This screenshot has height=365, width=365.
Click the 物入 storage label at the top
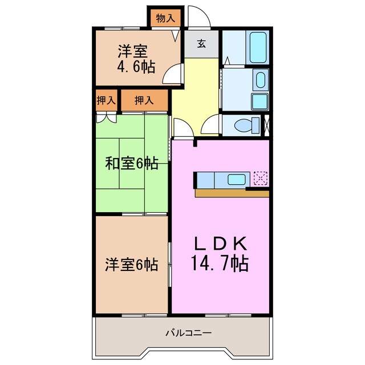point(165,18)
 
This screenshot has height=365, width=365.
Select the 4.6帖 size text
point(136,68)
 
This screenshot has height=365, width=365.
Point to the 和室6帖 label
point(131,164)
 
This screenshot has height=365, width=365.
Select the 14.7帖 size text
point(219,264)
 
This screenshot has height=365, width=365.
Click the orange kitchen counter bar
point(231,193)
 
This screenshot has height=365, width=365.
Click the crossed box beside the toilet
point(265,125)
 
